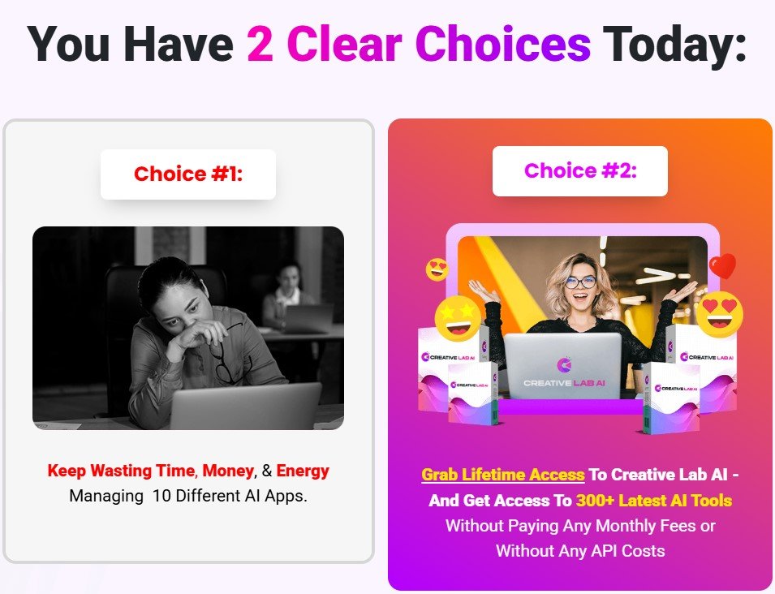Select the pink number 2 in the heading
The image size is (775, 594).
coord(260,44)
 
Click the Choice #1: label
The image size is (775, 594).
coord(188,174)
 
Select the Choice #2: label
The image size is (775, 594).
coord(580,170)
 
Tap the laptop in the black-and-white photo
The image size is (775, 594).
coord(245,406)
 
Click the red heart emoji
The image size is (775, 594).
coord(722,265)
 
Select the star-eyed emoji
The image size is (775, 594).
coord(459,317)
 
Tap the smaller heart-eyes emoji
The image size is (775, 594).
coord(438,269)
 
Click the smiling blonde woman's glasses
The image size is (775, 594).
coord(579,282)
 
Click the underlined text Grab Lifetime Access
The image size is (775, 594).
coord(503,475)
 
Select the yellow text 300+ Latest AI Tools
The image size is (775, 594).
coord(654,500)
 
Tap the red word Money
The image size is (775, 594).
coord(228,471)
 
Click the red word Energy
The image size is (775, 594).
coord(303,471)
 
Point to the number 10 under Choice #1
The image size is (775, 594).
coord(161,495)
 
